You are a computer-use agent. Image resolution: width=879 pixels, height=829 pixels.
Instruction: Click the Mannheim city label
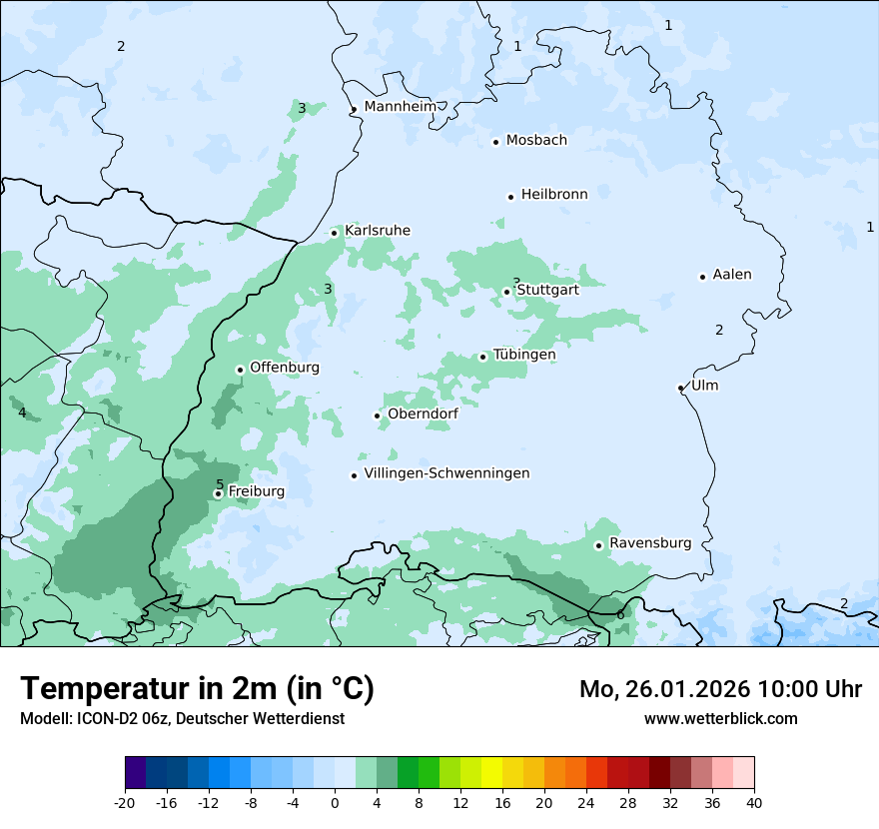(400, 107)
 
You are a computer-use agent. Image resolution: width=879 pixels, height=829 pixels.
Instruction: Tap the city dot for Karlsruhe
(335, 233)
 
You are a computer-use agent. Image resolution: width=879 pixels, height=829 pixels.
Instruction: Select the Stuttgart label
(547, 290)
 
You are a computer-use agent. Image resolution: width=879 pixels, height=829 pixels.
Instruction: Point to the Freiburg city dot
(218, 493)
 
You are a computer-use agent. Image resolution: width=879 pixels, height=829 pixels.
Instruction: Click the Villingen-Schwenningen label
(446, 473)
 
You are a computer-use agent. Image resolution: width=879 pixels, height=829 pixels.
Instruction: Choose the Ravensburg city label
(650, 543)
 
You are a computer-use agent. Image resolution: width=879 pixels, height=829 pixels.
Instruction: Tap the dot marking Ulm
(680, 388)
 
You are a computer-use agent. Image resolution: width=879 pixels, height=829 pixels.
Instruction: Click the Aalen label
(732, 275)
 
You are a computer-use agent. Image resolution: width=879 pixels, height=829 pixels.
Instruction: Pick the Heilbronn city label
(554, 195)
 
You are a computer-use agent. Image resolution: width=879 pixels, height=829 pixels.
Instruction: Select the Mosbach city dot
(495, 142)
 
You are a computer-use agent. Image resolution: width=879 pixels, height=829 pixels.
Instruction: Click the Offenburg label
(285, 368)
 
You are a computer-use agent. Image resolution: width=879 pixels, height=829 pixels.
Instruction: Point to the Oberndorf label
(424, 414)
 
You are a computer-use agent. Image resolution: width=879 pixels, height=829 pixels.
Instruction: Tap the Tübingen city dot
(483, 357)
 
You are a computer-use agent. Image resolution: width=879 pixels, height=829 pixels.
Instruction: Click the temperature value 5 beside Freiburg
(220, 485)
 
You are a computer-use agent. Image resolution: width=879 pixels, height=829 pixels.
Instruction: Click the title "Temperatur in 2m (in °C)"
(198, 689)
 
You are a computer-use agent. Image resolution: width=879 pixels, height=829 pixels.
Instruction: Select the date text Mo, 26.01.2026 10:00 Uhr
(720, 689)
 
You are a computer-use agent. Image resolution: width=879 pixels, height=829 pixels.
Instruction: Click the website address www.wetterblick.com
(720, 718)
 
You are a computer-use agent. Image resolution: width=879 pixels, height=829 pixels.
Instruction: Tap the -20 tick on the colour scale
(125, 802)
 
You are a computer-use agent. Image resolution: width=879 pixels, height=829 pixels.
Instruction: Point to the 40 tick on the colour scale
(753, 802)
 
